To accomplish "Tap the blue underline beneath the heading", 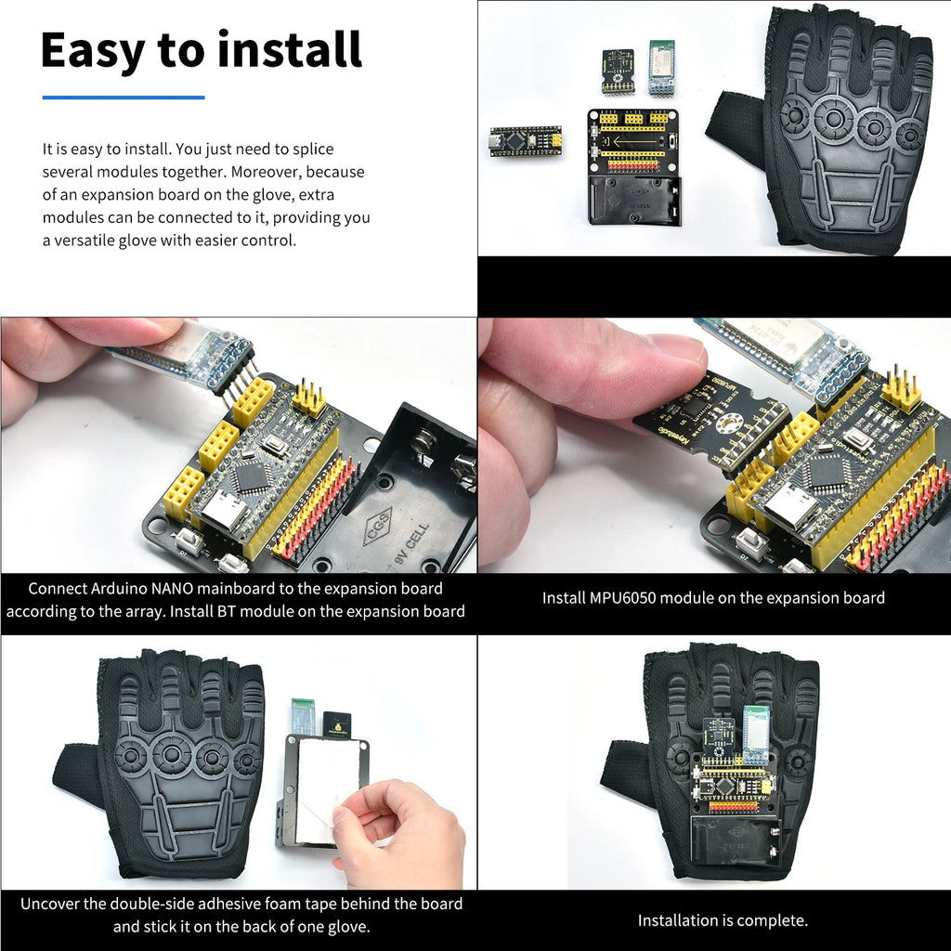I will click(123, 97).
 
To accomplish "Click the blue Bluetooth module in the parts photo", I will click(660, 68).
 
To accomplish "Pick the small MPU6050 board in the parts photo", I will click(618, 72).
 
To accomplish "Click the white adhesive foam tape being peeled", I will click(320, 789).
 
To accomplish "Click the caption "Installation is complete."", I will click(722, 920).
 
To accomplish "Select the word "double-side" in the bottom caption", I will click(173, 904).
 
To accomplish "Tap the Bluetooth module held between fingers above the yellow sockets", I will click(186, 353).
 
